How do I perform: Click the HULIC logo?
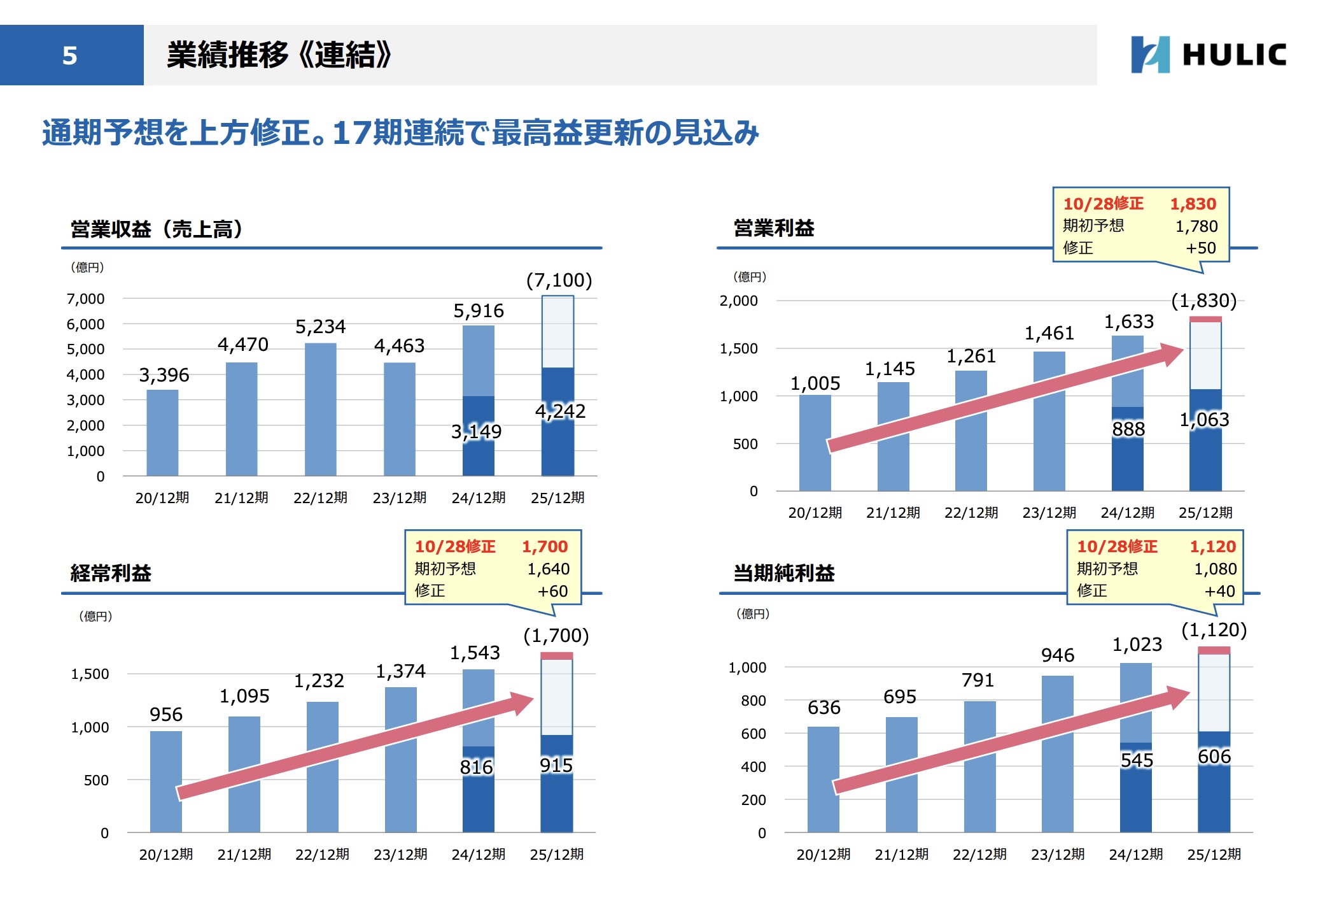tap(1208, 54)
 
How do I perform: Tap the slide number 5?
tap(70, 55)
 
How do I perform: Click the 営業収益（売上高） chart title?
tap(157, 229)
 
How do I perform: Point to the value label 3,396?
tap(164, 375)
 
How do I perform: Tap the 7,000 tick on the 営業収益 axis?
tap(85, 299)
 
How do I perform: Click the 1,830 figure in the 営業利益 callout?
tap(1193, 204)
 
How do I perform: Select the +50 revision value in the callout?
tap(1200, 248)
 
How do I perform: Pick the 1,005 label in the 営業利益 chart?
tap(815, 383)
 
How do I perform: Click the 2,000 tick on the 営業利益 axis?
tap(738, 301)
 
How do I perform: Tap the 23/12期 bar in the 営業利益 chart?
tap(1049, 420)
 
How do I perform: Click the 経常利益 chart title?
tap(111, 573)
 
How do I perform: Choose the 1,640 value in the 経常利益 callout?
tap(548, 569)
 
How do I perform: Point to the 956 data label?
tap(166, 715)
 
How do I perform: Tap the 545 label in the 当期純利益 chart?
tap(1137, 760)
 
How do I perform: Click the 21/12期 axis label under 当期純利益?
tap(901, 854)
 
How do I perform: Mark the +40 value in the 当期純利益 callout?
tap(1219, 591)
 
